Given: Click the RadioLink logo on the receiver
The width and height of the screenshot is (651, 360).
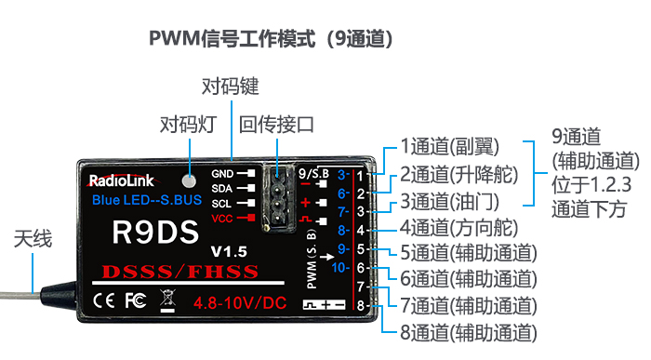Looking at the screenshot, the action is click(x=120, y=180).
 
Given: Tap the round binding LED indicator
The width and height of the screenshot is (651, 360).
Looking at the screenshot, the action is click(x=190, y=181).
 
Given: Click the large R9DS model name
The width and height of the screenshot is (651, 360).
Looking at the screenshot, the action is click(x=155, y=232).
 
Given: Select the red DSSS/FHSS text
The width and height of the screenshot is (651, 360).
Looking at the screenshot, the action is click(x=180, y=272).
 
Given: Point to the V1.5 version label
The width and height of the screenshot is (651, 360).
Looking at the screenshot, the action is click(x=229, y=251).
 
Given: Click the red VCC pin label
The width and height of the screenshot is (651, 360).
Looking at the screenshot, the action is click(x=221, y=219).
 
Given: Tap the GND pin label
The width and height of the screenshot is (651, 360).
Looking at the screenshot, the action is click(x=222, y=174).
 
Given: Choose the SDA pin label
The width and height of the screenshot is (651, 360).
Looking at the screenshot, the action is click(x=221, y=189).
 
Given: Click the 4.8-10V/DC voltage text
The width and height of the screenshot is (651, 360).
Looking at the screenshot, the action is click(x=240, y=303).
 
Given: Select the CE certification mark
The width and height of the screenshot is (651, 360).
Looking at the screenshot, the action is click(x=103, y=300).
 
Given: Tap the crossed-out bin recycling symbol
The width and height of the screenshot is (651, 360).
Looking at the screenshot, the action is click(x=167, y=301).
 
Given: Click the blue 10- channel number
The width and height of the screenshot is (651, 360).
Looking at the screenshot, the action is click(x=340, y=268).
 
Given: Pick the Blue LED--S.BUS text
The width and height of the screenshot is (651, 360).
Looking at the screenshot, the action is click(x=147, y=200).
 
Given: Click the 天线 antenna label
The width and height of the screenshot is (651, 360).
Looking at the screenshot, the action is click(x=33, y=239).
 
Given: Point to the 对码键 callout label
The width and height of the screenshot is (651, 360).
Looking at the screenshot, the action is click(x=230, y=87).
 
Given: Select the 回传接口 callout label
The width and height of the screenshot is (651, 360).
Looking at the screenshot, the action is click(x=276, y=125).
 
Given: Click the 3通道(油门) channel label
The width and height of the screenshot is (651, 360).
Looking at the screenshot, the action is click(x=449, y=202).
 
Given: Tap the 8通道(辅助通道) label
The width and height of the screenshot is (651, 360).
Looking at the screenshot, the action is click(x=469, y=333).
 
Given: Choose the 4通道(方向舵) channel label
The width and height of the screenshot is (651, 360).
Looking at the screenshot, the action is click(x=459, y=228).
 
